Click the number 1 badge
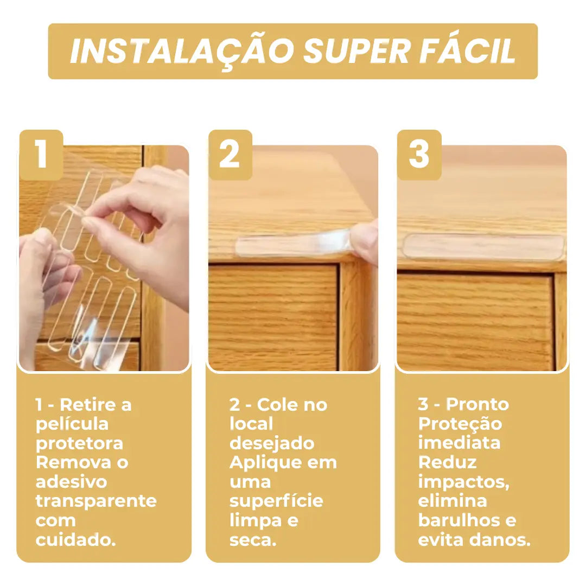coord(41,155)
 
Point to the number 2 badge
coord(230,155)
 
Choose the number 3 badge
coord(419,155)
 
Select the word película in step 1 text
coord(72,424)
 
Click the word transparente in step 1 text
coord(96,501)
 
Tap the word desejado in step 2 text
coord(272,443)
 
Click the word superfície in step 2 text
coord(276,501)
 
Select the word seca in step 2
coord(251,539)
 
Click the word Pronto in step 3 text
coord(477,404)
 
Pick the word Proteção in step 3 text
coord(460,424)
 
